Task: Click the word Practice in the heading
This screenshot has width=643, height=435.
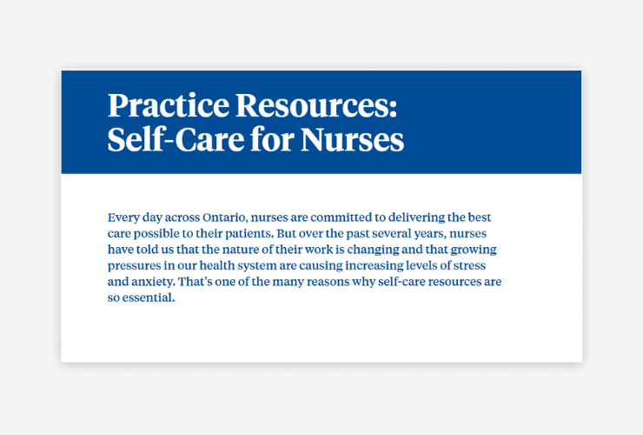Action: click(168, 105)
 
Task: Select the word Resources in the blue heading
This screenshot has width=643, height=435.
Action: click(316, 105)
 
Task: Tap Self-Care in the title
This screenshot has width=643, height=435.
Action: click(176, 140)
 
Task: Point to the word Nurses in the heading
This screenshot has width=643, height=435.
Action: click(352, 140)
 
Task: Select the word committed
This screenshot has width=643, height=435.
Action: click(341, 217)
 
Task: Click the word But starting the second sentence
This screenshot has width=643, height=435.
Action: click(286, 233)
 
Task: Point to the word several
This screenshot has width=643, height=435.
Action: click(392, 234)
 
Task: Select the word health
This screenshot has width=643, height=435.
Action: click(217, 265)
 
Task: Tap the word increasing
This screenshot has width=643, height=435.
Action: click(374, 265)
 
